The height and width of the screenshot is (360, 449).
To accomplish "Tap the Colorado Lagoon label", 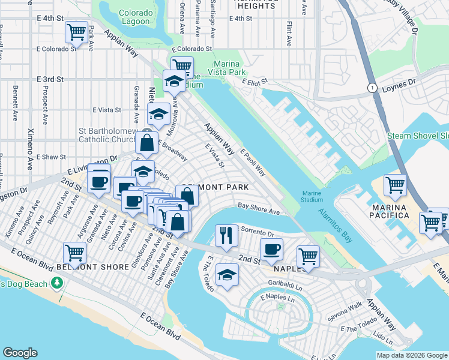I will point(135,17).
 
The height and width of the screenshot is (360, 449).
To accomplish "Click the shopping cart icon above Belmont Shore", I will point(74,252).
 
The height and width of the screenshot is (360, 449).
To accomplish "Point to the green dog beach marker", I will point(58,281).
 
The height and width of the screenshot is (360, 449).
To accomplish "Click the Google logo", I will point(20,353).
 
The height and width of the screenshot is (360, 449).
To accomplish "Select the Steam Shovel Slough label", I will point(418,136).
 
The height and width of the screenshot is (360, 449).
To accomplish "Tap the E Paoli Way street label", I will point(253,163).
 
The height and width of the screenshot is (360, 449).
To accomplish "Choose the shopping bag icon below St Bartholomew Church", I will point(147,143).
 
